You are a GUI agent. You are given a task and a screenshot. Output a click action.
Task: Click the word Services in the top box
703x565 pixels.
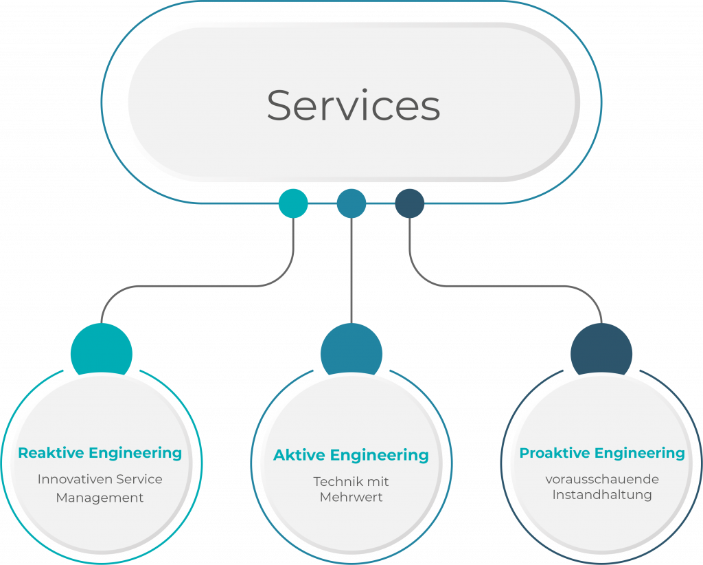[x=353, y=106]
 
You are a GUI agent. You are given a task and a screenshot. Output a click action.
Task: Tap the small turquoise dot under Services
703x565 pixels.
[x=293, y=203]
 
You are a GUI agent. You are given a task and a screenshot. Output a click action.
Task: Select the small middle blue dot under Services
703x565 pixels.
[x=351, y=203]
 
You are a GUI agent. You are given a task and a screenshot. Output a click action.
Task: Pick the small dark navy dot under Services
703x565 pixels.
[x=410, y=203]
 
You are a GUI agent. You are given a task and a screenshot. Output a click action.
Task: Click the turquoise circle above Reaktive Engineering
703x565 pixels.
[x=101, y=351]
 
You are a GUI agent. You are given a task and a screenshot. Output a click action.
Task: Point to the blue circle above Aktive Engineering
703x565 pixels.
[x=351, y=351]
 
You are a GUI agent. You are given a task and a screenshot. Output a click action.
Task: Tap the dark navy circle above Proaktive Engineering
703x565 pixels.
[x=601, y=351]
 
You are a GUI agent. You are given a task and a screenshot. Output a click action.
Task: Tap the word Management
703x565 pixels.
[x=100, y=497]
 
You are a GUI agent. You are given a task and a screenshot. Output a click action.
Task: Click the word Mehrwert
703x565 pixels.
[x=351, y=497]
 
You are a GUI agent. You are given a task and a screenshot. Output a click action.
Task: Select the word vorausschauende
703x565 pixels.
[x=602, y=478]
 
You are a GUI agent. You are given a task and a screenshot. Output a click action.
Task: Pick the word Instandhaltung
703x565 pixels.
[x=602, y=494]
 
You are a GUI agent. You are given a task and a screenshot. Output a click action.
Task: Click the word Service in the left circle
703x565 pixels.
[x=141, y=478]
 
